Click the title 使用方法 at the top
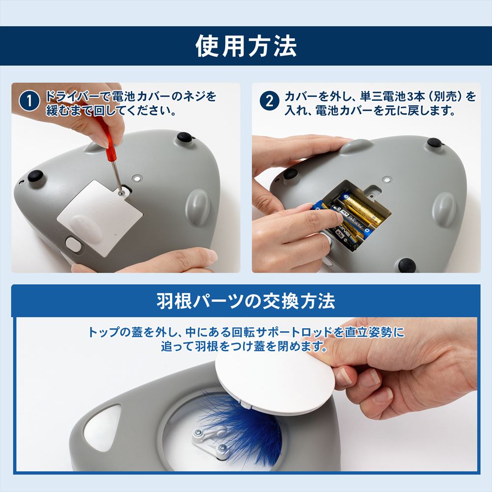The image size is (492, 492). [x=246, y=46]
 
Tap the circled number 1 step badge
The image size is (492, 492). [x=31, y=101]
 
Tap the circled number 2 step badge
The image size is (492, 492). [x=270, y=101]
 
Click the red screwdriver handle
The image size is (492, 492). [x=104, y=137]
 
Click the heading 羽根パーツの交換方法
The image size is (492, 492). [x=246, y=301]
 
